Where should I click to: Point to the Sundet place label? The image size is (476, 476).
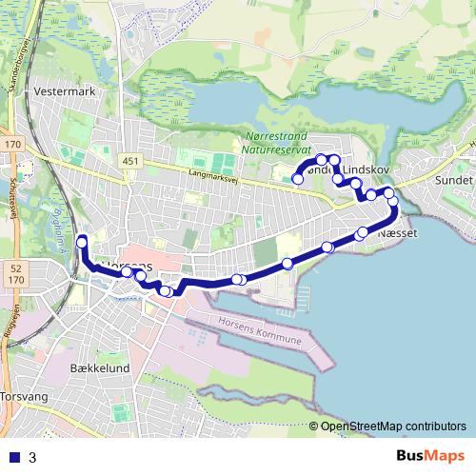pos(452,179)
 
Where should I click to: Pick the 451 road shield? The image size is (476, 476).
pos(131,161)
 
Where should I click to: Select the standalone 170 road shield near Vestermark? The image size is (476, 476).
pos(11,144)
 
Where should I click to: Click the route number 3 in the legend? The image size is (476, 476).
pos(32,457)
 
